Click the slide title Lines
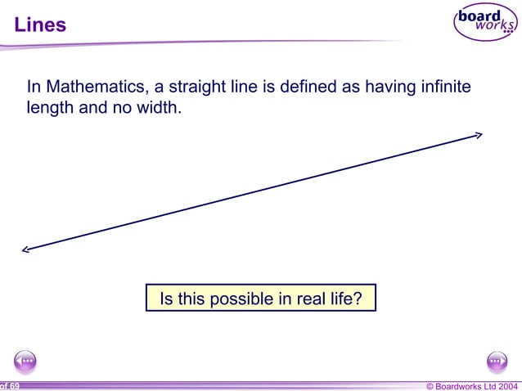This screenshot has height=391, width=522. pyautogui.click(x=40, y=25)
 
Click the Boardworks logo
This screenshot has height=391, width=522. pyautogui.click(x=485, y=23)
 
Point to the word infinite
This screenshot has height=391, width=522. pyautogui.click(x=444, y=87)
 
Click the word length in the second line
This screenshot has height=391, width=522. pyautogui.click(x=50, y=108)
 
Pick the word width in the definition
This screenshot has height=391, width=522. pyautogui.click(x=159, y=108)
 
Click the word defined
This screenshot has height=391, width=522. pyautogui.click(x=310, y=87)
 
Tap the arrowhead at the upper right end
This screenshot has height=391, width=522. pyautogui.click(x=479, y=135)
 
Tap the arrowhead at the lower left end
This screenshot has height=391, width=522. pyautogui.click(x=26, y=250)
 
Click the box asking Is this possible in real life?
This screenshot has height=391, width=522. pyautogui.click(x=260, y=299)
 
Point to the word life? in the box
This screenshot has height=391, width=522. pyautogui.click(x=344, y=299)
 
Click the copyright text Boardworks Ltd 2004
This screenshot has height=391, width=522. pyautogui.click(x=472, y=385)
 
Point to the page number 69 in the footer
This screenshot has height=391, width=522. pyautogui.click(x=14, y=385)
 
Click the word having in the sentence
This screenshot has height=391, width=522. pyautogui.click(x=389, y=87)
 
